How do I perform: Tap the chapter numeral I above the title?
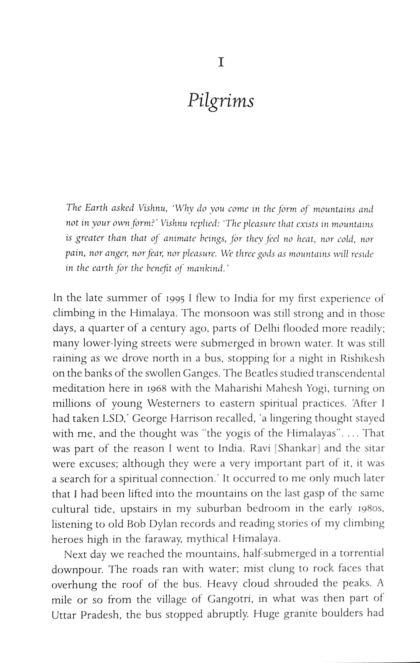[x=221, y=63]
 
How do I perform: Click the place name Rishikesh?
[x=362, y=359]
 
